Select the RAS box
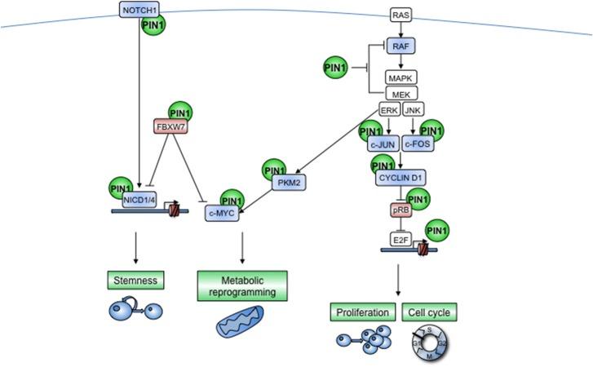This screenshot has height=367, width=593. [x=400, y=15]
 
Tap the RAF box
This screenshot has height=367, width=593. [x=400, y=48]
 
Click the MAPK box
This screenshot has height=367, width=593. [x=400, y=78]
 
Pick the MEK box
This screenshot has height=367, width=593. [x=400, y=95]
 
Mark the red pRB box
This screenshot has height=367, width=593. [x=399, y=210]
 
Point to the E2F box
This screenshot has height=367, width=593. [x=399, y=241]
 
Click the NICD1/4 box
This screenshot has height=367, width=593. [x=139, y=199]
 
